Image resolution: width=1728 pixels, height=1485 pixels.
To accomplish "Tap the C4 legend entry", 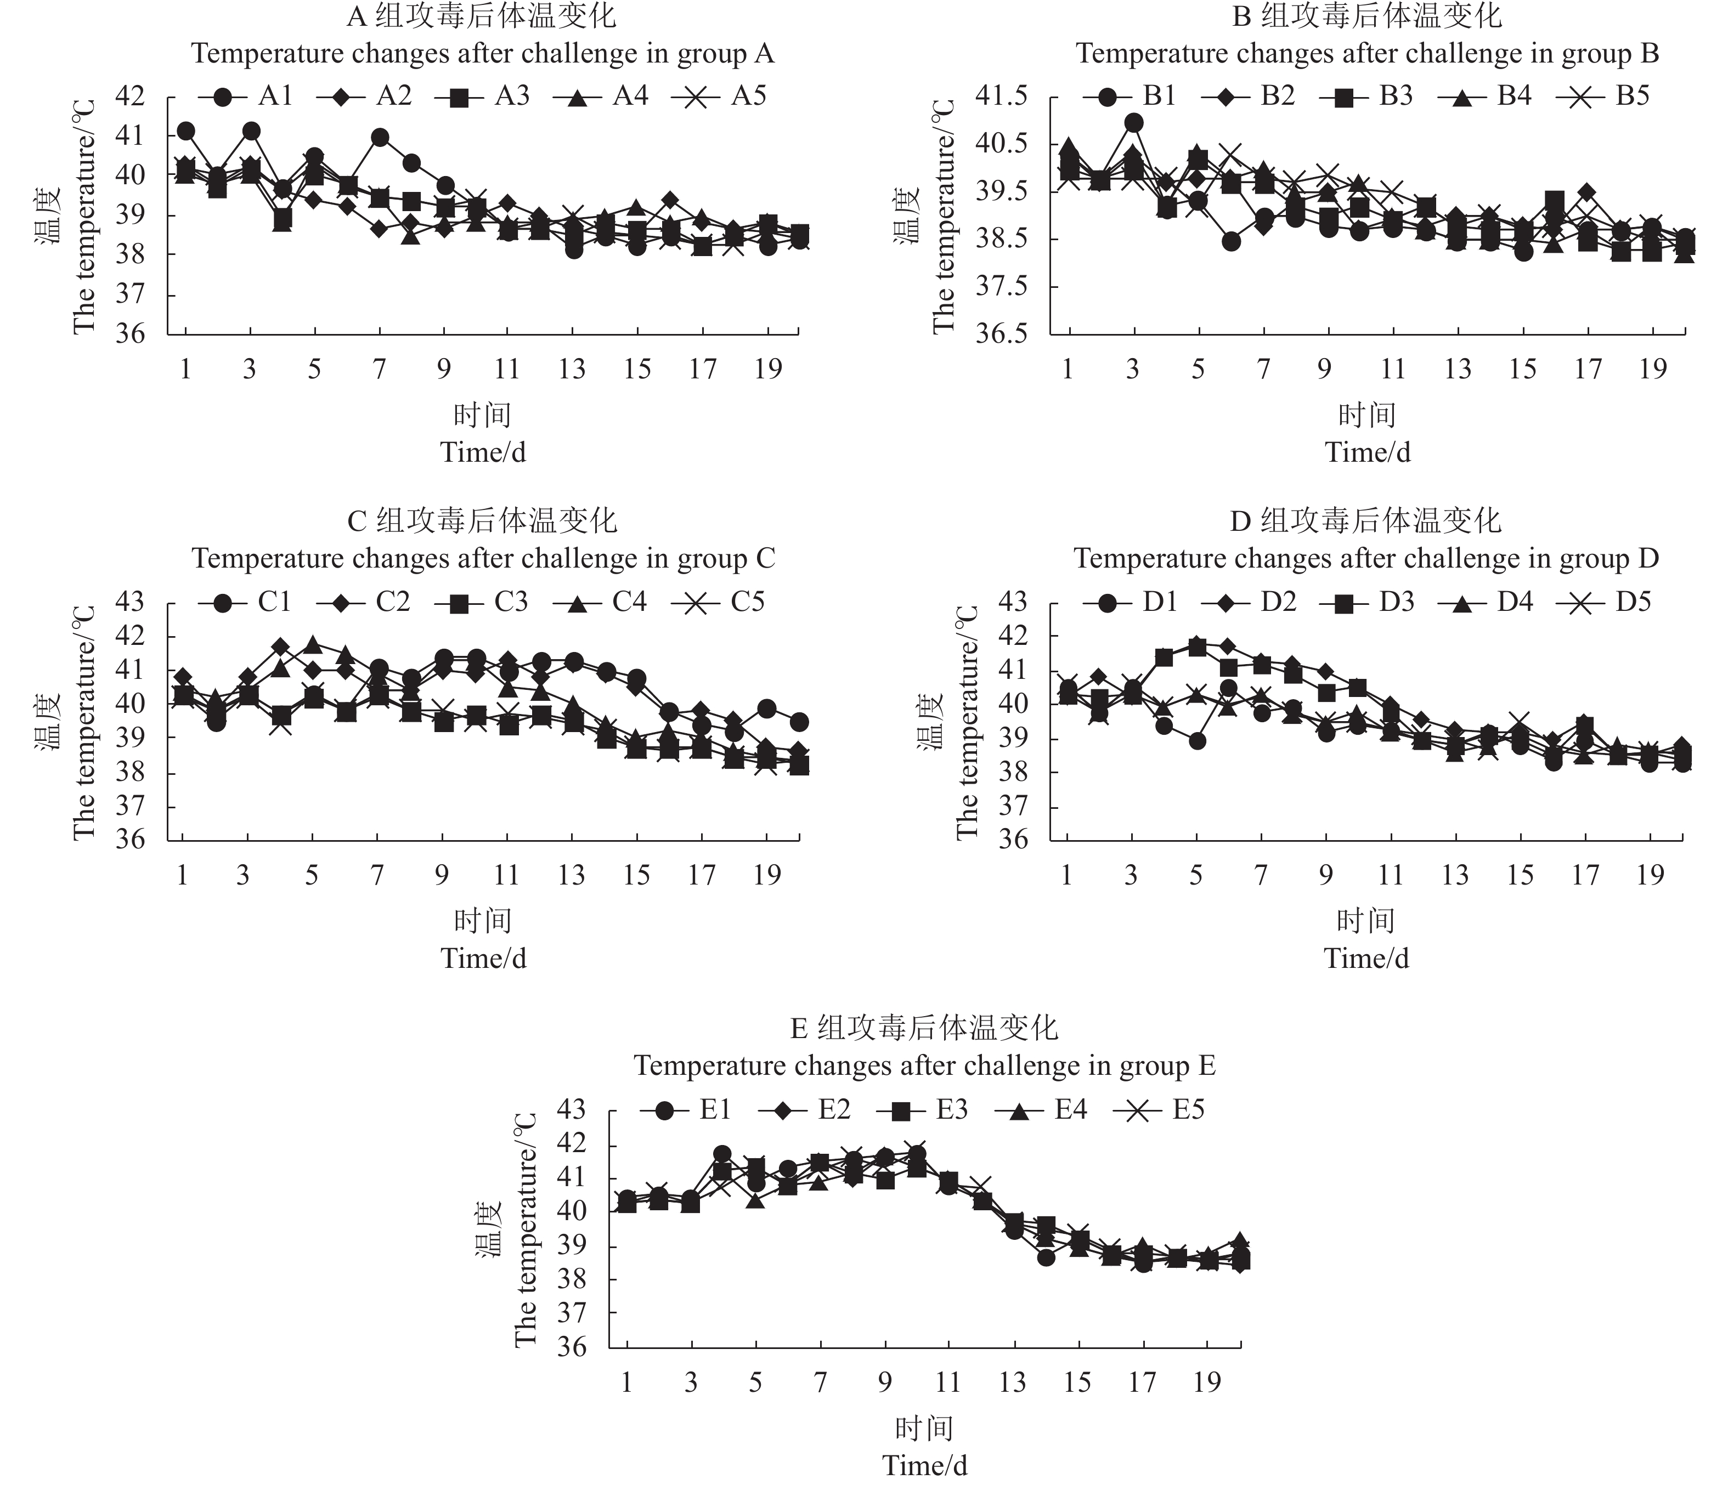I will (x=605, y=602).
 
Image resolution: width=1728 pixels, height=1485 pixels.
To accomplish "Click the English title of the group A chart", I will (x=483, y=54).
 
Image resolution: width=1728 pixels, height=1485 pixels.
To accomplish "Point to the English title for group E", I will (x=925, y=1065).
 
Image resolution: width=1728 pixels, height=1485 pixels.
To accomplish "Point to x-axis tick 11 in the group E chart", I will (x=948, y=1382).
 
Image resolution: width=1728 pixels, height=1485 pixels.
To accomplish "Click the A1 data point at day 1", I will (x=186, y=131).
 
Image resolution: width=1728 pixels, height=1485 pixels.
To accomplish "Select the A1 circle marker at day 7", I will (x=380, y=138).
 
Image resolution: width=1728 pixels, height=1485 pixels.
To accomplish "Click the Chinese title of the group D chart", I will (x=1366, y=521).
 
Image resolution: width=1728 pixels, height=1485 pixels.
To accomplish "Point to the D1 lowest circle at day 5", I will (x=1197, y=740).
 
